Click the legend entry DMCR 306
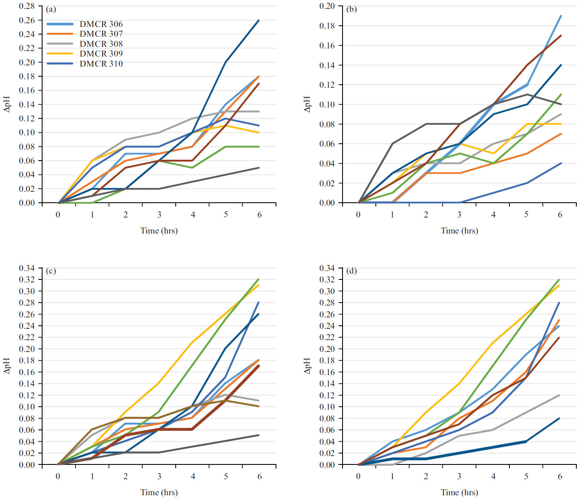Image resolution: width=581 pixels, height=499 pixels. pos(101,24)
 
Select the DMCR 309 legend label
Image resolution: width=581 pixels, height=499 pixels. pos(101,54)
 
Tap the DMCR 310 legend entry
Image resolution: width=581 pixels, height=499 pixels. pos(101,64)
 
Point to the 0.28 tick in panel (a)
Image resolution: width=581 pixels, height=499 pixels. pos(27,6)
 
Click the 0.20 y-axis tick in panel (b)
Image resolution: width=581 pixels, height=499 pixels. pos(327,6)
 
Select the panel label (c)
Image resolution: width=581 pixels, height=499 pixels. pos(51,271)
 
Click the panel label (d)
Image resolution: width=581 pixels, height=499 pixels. pos(351,271)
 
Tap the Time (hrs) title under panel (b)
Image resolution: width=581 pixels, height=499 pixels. pos(459,231)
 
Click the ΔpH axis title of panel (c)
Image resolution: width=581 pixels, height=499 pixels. pos(7,366)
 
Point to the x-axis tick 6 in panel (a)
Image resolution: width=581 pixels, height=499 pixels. pos(260,215)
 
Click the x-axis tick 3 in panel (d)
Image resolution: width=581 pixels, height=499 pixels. pos(459,476)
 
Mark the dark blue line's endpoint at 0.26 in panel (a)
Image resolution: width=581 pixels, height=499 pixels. pos(259,20)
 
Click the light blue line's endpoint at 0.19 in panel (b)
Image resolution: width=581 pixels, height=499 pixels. pos(560,16)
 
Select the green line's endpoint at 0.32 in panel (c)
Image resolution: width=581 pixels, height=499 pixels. pos(259,279)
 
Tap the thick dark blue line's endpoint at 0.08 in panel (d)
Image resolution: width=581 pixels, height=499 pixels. pos(560,419)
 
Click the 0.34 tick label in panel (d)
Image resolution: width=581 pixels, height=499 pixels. pos(327,268)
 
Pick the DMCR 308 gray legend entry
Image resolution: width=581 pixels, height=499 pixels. pos(101,44)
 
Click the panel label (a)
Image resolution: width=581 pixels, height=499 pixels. pos(51,9)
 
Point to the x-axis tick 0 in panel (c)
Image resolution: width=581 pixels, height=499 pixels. pos(58,476)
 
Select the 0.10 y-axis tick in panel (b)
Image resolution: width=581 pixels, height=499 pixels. pos(327,105)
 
